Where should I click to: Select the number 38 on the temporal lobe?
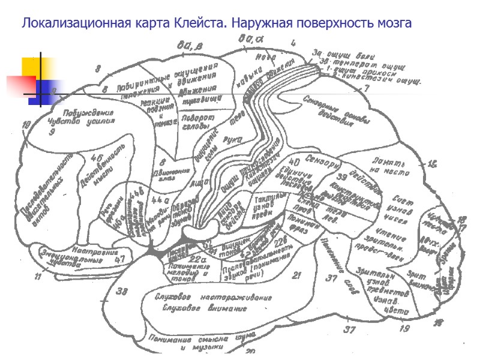click(x=122, y=292)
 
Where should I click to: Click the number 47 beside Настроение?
click(x=120, y=259)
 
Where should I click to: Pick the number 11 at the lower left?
click(x=38, y=277)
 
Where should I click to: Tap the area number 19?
click(x=404, y=328)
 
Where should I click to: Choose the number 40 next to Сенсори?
click(x=294, y=162)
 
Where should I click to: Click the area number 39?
click(x=342, y=177)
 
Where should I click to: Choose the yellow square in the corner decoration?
click(x=31, y=68)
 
